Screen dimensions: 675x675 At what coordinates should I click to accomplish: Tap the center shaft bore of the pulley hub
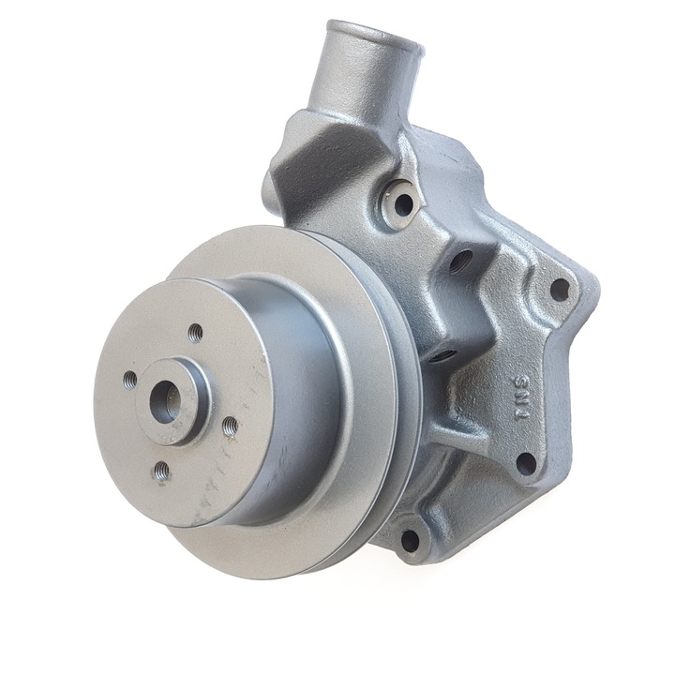(x=165, y=400)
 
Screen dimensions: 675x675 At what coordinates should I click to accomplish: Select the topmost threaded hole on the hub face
(x=195, y=332)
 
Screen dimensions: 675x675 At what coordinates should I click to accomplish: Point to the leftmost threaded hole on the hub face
(x=129, y=380)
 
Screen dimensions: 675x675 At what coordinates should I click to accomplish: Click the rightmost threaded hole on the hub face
(x=230, y=426)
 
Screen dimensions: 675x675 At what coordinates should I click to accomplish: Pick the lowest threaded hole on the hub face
(x=161, y=471)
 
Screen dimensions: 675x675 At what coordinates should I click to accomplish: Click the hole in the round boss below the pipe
(x=403, y=203)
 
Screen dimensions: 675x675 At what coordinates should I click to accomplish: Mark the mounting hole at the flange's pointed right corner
(x=559, y=289)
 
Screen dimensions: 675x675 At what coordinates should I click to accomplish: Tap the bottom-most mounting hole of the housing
(x=410, y=540)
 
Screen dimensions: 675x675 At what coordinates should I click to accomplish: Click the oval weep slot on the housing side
(x=443, y=355)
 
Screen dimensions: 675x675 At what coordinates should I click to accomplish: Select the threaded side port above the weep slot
(x=460, y=260)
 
